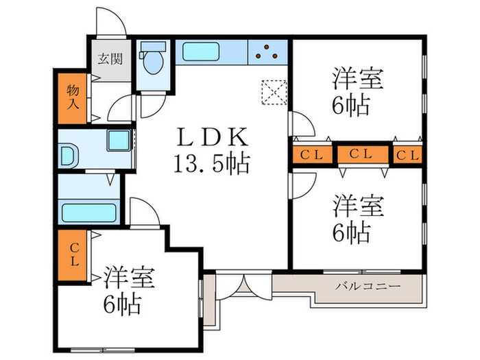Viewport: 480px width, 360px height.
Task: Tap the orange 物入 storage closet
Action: click(72, 97)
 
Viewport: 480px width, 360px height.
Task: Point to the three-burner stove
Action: click(269, 52)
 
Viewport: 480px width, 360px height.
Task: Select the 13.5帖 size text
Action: click(211, 165)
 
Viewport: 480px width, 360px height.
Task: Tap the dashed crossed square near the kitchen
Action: click(274, 92)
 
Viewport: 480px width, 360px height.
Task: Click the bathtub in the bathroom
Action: click(89, 210)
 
